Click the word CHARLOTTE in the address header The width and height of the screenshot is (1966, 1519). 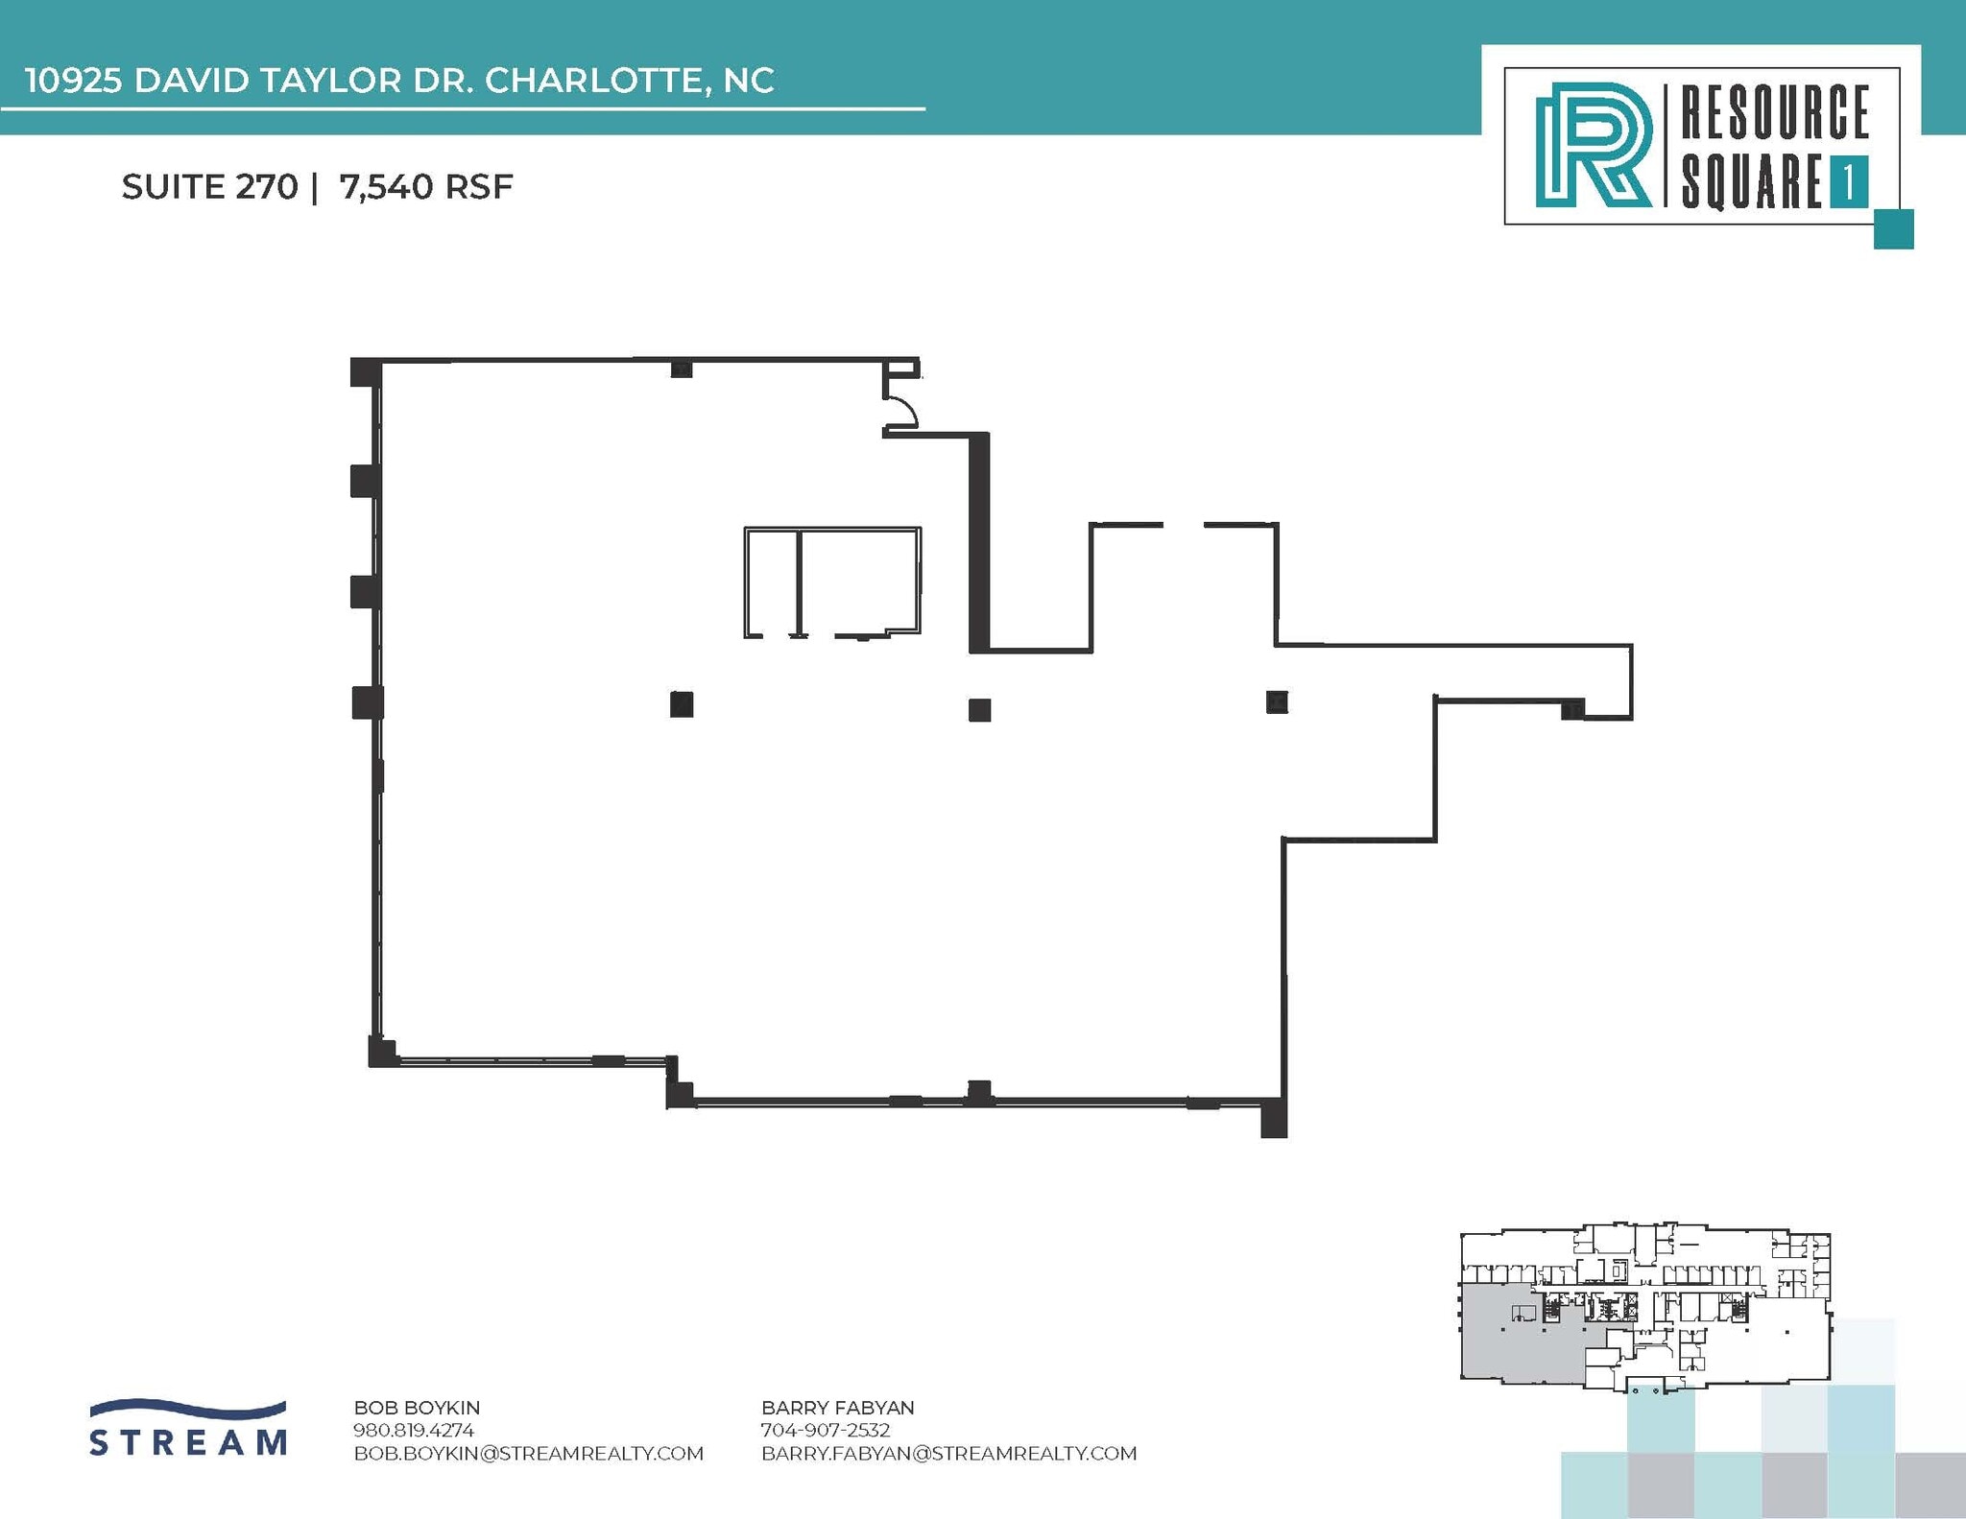click(x=596, y=81)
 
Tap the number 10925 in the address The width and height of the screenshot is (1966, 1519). click(x=72, y=81)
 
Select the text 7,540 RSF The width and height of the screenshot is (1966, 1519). click(x=425, y=186)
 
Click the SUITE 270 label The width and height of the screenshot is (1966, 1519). click(x=209, y=186)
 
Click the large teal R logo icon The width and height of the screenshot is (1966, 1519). click(x=1592, y=145)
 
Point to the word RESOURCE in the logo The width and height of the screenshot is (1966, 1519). click(x=1774, y=113)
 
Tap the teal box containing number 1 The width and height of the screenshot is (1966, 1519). click(x=1848, y=181)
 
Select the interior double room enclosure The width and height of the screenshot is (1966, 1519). click(x=831, y=581)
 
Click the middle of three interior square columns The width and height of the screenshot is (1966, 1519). click(x=979, y=710)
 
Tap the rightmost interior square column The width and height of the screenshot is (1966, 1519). click(x=1277, y=702)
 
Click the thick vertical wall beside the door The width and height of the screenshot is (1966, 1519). click(x=979, y=542)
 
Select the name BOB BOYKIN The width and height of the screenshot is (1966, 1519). click(x=417, y=1408)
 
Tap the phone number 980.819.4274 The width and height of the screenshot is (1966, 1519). click(x=414, y=1430)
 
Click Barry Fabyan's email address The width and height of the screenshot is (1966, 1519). click(x=948, y=1453)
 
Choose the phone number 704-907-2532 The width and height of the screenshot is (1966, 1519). click(x=826, y=1430)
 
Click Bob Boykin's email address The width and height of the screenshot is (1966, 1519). click(x=528, y=1453)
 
